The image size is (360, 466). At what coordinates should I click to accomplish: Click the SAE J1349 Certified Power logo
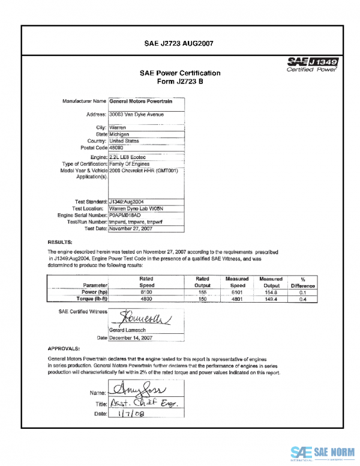[313, 64]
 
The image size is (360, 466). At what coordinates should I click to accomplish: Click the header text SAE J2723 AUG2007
[179, 43]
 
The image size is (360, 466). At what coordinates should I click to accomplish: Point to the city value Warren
[119, 128]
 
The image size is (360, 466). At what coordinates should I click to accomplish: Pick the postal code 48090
[118, 147]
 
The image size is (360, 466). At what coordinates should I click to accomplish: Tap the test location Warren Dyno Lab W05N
[139, 208]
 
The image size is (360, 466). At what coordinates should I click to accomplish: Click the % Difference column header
[302, 282]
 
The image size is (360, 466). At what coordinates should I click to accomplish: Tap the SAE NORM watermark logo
[320, 452]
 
